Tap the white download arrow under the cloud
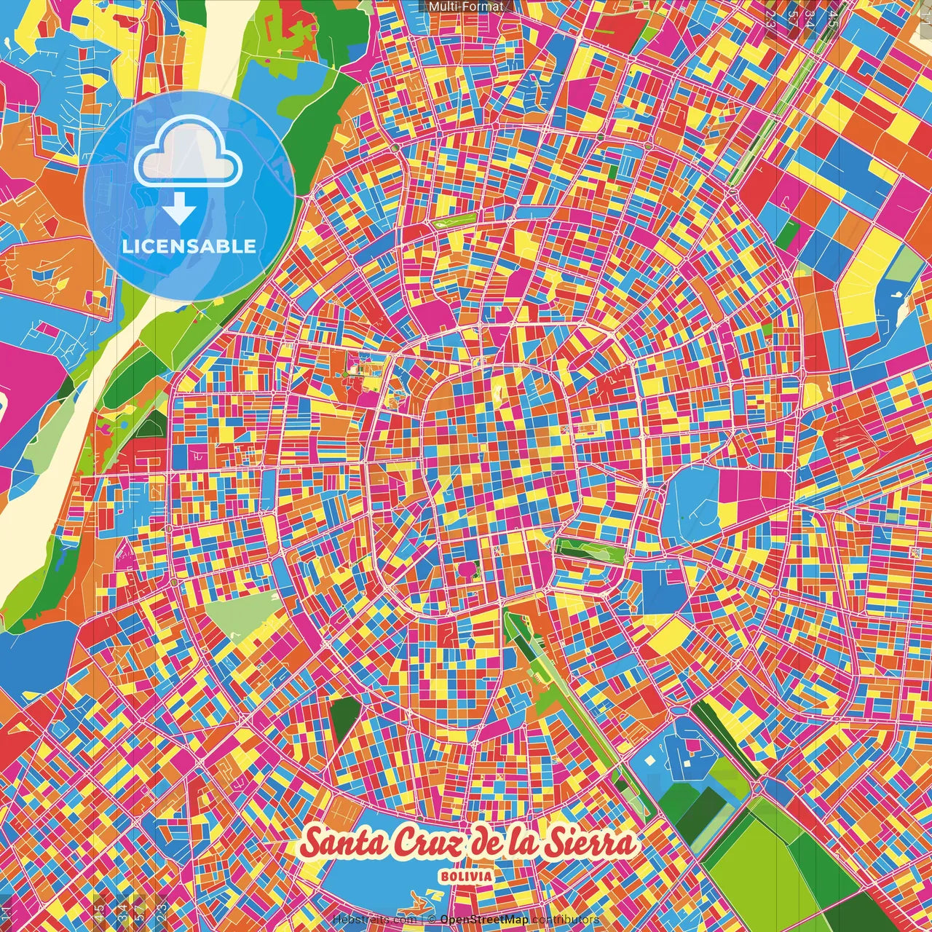pos(179,209)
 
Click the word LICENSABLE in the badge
pos(189,246)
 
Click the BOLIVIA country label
pos(466,877)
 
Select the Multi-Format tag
pos(466,7)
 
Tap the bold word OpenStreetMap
pos(483,920)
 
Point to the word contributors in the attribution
pos(565,920)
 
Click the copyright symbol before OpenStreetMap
pos(432,920)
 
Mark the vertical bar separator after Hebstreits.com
pos(422,920)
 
